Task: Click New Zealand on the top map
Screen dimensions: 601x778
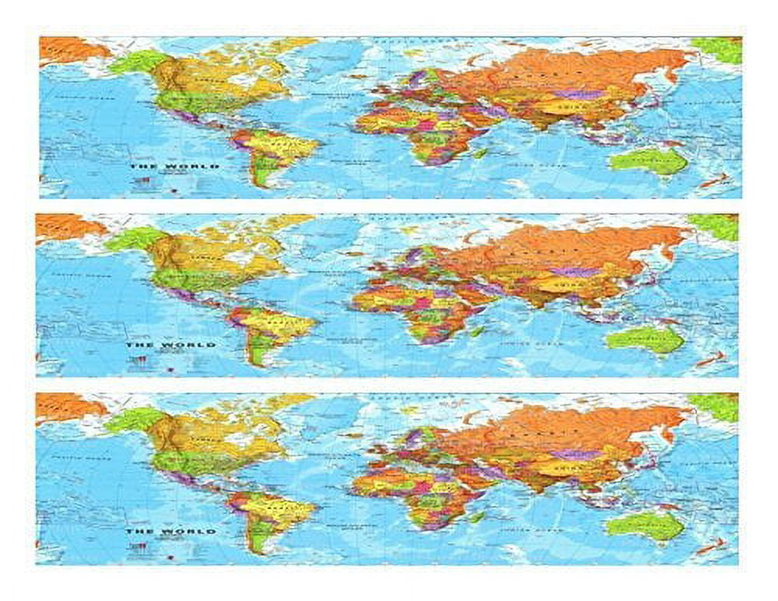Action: tap(713, 181)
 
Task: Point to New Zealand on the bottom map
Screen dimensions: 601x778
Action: tap(710, 545)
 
